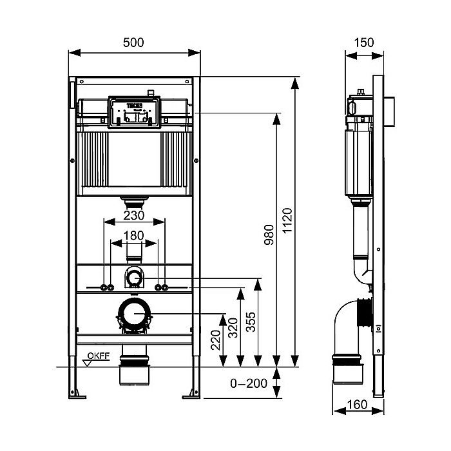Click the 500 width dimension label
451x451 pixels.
click(133, 42)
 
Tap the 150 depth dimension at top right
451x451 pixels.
click(364, 42)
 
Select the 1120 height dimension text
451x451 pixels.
click(287, 220)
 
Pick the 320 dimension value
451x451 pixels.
click(233, 331)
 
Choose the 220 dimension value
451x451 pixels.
click(215, 339)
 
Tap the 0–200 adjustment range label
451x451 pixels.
click(248, 384)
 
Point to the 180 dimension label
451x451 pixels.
click(134, 235)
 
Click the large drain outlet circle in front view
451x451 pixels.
click(134, 314)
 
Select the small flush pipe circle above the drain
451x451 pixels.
click(134, 278)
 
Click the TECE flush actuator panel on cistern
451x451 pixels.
click(134, 111)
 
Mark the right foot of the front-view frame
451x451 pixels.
click(192, 390)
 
